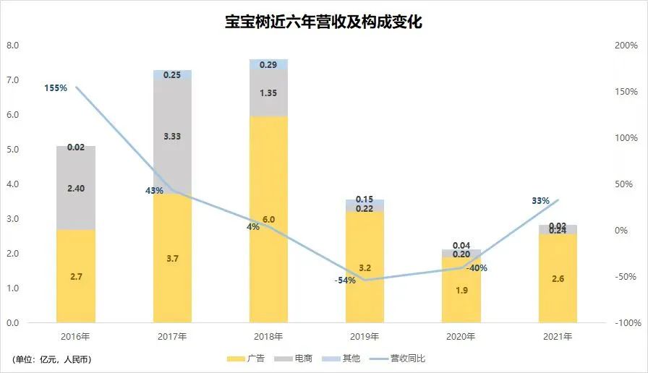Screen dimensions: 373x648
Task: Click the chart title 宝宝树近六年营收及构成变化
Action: (323, 22)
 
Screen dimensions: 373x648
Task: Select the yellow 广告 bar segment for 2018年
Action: (268, 260)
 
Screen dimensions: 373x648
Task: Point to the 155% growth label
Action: (55, 88)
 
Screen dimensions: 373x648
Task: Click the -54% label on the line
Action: (345, 280)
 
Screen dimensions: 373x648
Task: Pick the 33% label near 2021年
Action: (540, 201)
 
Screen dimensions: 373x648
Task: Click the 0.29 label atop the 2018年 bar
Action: (268, 65)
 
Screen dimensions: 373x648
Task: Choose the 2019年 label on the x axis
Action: (364, 337)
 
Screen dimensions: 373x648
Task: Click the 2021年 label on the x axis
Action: (558, 337)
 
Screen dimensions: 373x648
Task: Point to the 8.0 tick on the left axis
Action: (12, 46)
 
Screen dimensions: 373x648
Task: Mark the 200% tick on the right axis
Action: (626, 46)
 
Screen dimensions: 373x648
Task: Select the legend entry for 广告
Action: (246, 358)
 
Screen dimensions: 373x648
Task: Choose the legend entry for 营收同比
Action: (393, 358)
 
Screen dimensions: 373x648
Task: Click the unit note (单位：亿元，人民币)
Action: (52, 359)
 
